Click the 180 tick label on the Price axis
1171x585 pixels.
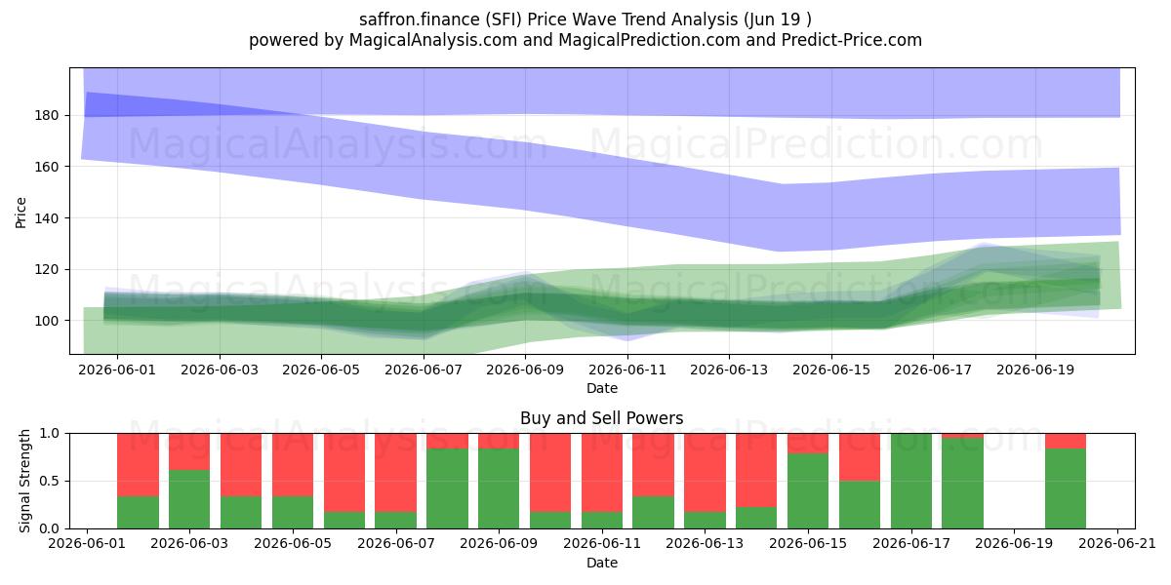[46, 115]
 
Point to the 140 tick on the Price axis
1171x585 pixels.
[46, 218]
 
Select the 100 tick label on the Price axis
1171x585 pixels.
[46, 321]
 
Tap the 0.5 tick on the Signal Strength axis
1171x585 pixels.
[50, 481]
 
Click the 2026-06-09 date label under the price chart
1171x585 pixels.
[525, 370]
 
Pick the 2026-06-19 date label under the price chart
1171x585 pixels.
[1035, 370]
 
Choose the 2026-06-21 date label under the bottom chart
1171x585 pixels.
[1117, 544]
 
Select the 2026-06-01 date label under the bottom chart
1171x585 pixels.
[87, 544]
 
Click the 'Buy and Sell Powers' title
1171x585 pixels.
[602, 418]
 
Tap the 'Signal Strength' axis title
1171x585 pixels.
[24, 481]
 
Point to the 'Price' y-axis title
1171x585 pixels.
[20, 213]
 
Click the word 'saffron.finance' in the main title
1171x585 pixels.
[420, 19]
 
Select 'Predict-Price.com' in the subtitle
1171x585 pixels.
[852, 40]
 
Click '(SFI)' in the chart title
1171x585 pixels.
[504, 19]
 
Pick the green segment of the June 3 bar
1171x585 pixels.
[189, 499]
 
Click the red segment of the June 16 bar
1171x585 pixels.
[860, 457]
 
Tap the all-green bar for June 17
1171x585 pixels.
[911, 481]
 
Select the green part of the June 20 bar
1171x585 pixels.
[1066, 488]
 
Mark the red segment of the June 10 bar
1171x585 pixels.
[550, 473]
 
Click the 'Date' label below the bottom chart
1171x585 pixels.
[602, 563]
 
